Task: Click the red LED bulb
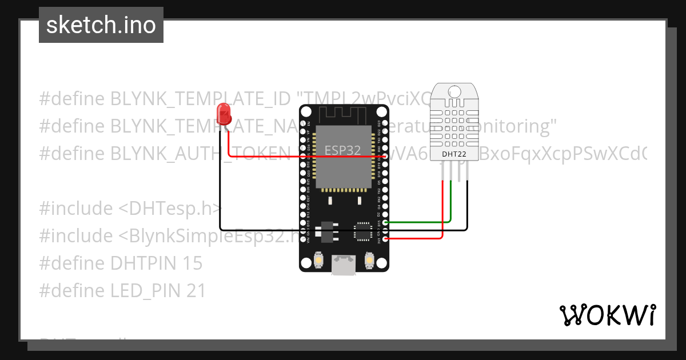tap(224, 114)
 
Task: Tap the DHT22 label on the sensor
tap(454, 154)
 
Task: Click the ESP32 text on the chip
tap(343, 150)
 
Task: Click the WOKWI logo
tap(607, 315)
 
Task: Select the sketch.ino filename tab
tap(101, 25)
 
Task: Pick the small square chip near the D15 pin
tap(362, 231)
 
